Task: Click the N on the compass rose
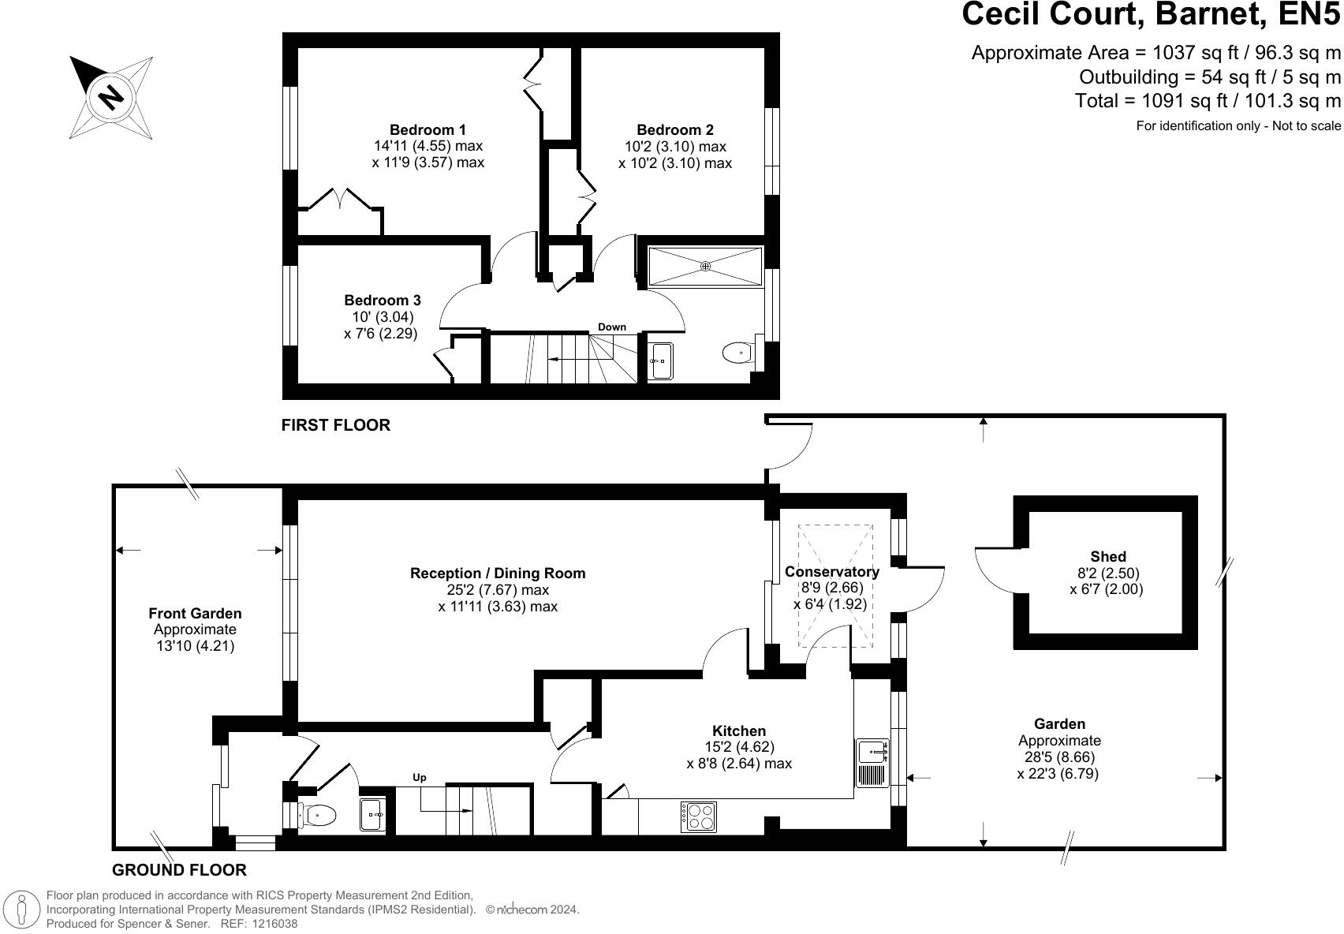(x=110, y=97)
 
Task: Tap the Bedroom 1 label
(x=427, y=129)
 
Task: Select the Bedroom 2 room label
(x=675, y=129)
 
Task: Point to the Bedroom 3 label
(x=383, y=300)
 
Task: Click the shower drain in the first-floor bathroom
(x=706, y=266)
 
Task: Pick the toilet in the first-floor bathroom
(x=738, y=353)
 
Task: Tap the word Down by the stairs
(x=612, y=327)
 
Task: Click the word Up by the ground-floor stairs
(x=420, y=777)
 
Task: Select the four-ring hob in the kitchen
(x=699, y=817)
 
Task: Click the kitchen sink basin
(x=873, y=751)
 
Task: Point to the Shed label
(x=1108, y=556)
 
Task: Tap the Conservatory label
(x=832, y=571)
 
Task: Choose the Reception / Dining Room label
(x=498, y=573)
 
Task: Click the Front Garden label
(x=195, y=614)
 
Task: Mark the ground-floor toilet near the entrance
(x=317, y=815)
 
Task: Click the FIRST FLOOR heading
(x=336, y=425)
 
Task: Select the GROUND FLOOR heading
(x=179, y=870)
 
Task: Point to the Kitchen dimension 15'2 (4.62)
(x=739, y=747)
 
